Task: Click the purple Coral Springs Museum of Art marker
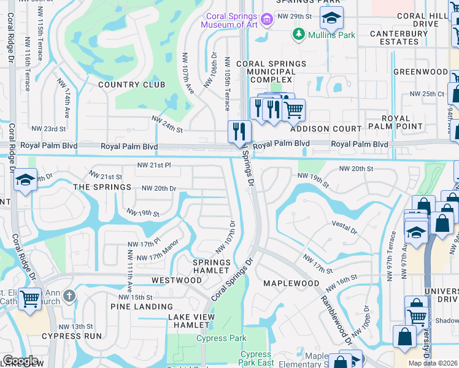click(x=266, y=20)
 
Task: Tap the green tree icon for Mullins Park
click(x=299, y=34)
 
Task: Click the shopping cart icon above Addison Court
click(x=294, y=110)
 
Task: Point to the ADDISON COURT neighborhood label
click(x=326, y=129)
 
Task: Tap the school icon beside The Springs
click(x=24, y=180)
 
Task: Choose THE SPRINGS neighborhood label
click(x=102, y=187)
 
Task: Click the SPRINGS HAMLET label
click(x=212, y=267)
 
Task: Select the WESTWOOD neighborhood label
click(x=177, y=280)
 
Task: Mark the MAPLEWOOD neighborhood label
click(x=291, y=283)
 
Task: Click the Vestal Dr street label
click(x=344, y=228)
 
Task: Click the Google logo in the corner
click(x=20, y=361)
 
